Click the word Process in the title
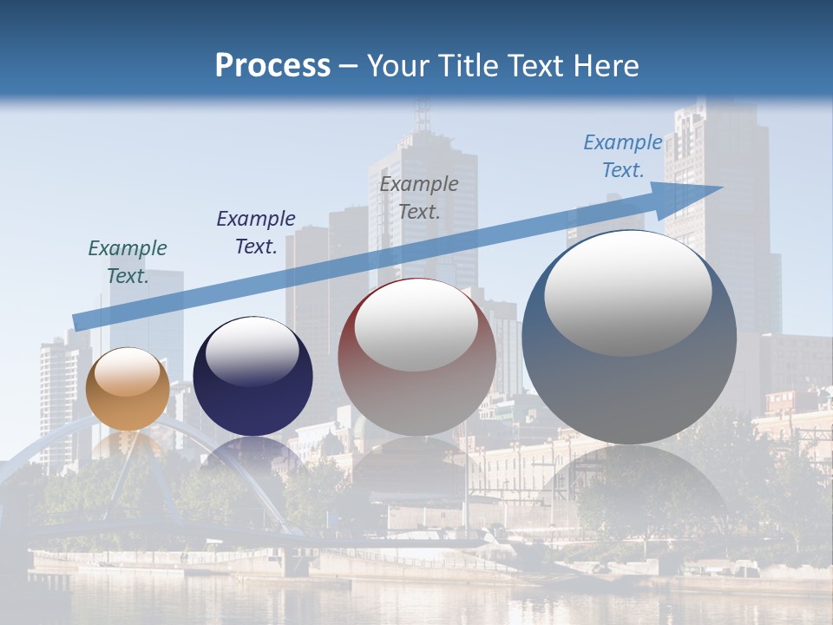point(272,66)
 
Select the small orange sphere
point(128,389)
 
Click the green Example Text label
point(128,262)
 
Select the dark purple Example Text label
point(256,233)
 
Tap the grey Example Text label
point(419,197)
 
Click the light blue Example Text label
point(623,156)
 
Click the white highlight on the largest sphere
point(628,293)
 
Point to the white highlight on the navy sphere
point(253,351)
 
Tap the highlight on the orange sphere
point(127,372)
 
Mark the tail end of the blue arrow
point(76,322)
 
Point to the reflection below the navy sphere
point(253,456)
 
